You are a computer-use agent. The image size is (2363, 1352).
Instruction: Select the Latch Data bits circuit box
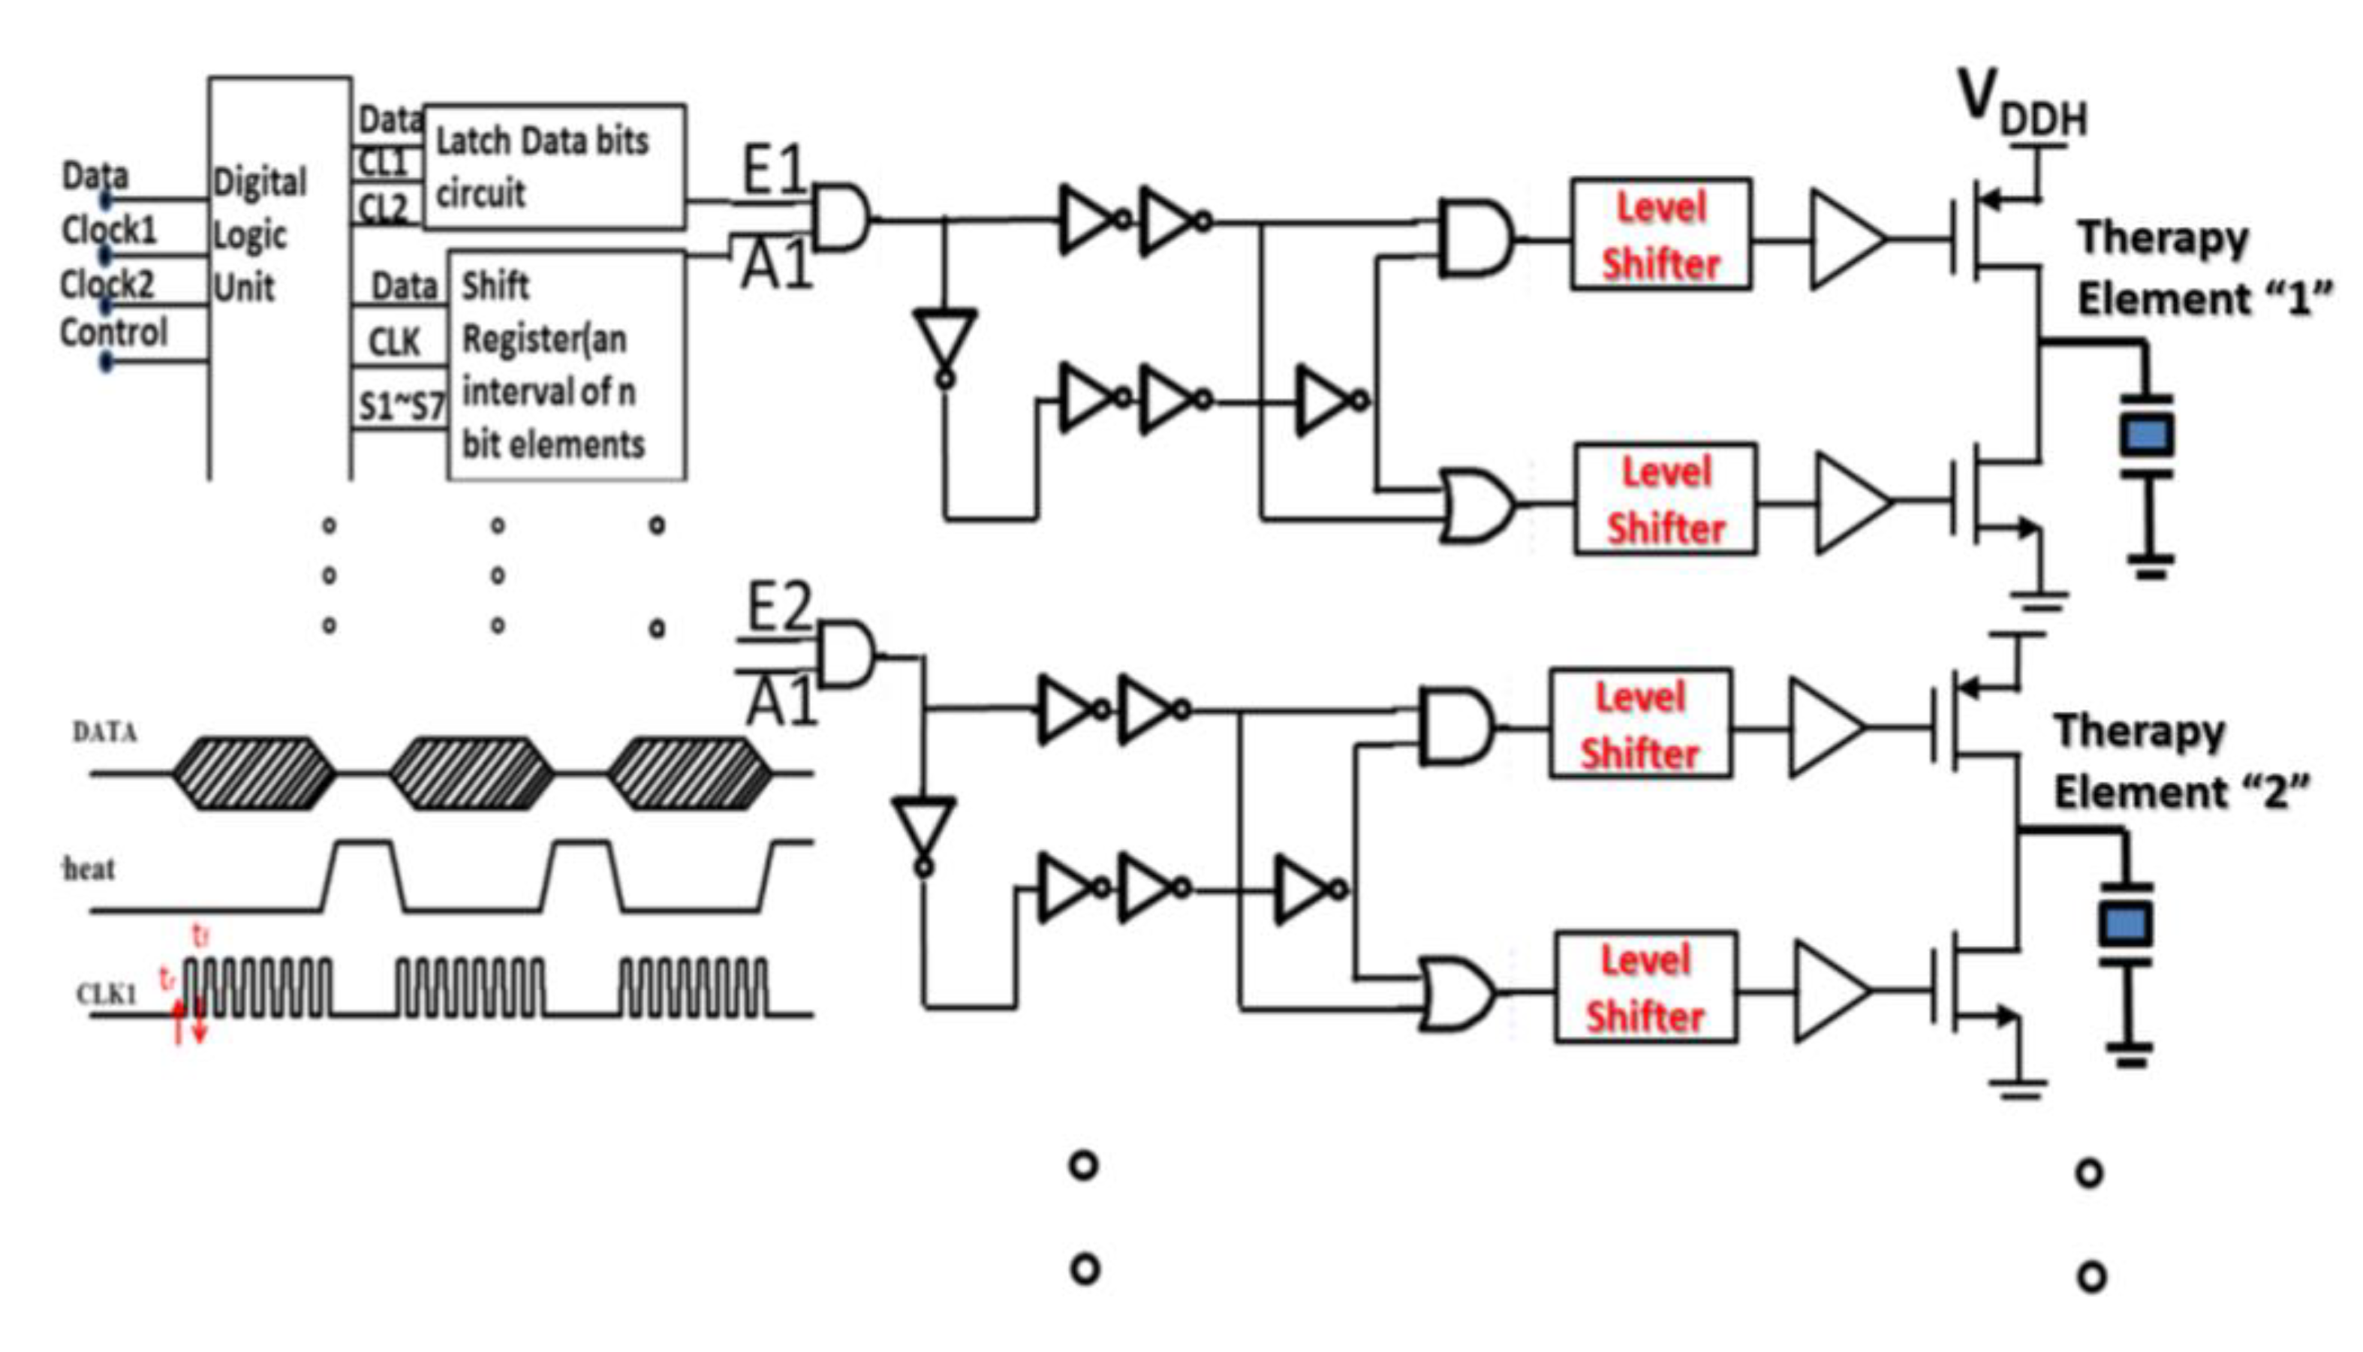click(554, 167)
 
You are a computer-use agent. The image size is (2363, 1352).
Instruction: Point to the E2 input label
click(779, 608)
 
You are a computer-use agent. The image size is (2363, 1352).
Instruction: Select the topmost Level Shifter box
click(1660, 235)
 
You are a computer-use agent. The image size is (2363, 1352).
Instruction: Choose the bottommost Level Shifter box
click(1645, 988)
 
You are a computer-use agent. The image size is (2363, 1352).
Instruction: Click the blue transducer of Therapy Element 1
click(2147, 435)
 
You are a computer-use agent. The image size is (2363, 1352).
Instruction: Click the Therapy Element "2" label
click(2180, 761)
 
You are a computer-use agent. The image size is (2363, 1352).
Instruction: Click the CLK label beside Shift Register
click(395, 342)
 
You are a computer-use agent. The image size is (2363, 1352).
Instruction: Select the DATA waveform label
click(105, 733)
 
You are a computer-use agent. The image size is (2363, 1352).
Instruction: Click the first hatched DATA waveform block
click(254, 772)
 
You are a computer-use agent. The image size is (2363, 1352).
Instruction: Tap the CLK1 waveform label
click(106, 995)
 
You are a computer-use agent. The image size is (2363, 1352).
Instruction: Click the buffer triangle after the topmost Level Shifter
click(1844, 239)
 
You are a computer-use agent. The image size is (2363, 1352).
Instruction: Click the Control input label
click(113, 333)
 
